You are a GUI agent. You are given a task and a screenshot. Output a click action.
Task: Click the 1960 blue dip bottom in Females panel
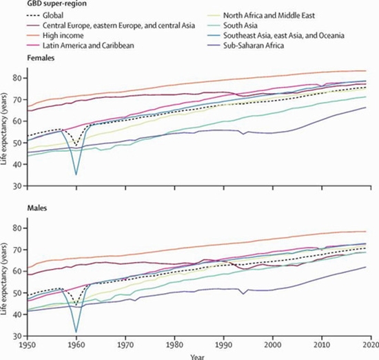(x=76, y=174)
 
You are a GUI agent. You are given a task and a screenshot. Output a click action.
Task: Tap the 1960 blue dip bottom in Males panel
(x=76, y=331)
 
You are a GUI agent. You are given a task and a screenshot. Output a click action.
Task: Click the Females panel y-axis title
(x=6, y=131)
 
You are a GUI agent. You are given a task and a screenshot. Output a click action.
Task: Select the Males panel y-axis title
(x=6, y=281)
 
